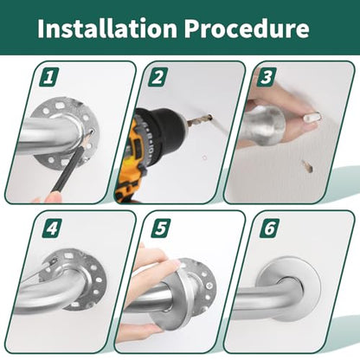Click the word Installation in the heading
[107, 28]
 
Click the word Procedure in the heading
[247, 28]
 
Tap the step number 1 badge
[49, 77]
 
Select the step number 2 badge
[157, 77]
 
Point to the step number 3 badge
[267, 77]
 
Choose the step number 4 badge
[52, 228]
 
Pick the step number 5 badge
[161, 228]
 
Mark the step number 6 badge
[270, 228]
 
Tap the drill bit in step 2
[200, 120]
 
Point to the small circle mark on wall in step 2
[204, 157]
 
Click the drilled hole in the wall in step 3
[307, 166]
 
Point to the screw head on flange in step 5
[209, 286]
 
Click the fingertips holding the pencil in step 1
[48, 198]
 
